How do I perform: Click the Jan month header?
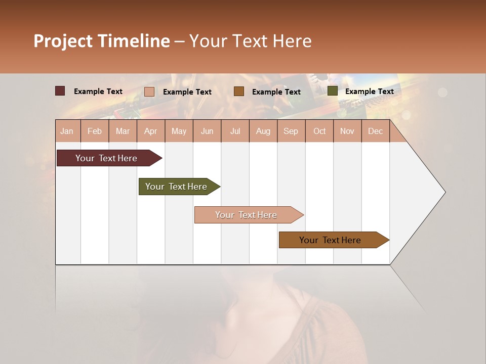(67, 131)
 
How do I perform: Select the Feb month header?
(95, 131)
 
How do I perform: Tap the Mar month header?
(123, 131)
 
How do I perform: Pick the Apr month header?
(151, 131)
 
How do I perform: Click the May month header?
(179, 131)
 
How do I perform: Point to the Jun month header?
(207, 131)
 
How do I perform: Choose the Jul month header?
(235, 131)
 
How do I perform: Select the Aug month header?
(263, 131)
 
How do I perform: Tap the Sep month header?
(291, 131)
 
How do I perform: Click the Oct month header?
(319, 131)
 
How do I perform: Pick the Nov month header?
(347, 131)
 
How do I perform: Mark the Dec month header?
(375, 131)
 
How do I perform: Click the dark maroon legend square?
(60, 91)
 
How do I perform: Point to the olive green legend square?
(333, 91)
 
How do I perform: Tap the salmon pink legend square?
(149, 92)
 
